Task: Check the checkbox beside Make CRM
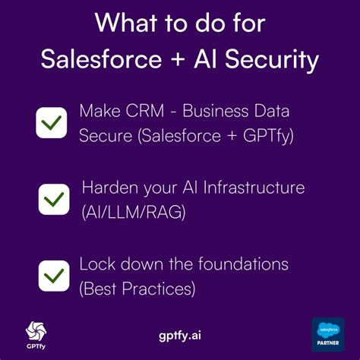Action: tap(52, 122)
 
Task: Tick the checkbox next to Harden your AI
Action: tap(54, 199)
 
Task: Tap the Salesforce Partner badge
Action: tap(328, 335)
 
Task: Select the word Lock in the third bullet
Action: tap(96, 264)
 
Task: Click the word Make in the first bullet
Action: tap(98, 111)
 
